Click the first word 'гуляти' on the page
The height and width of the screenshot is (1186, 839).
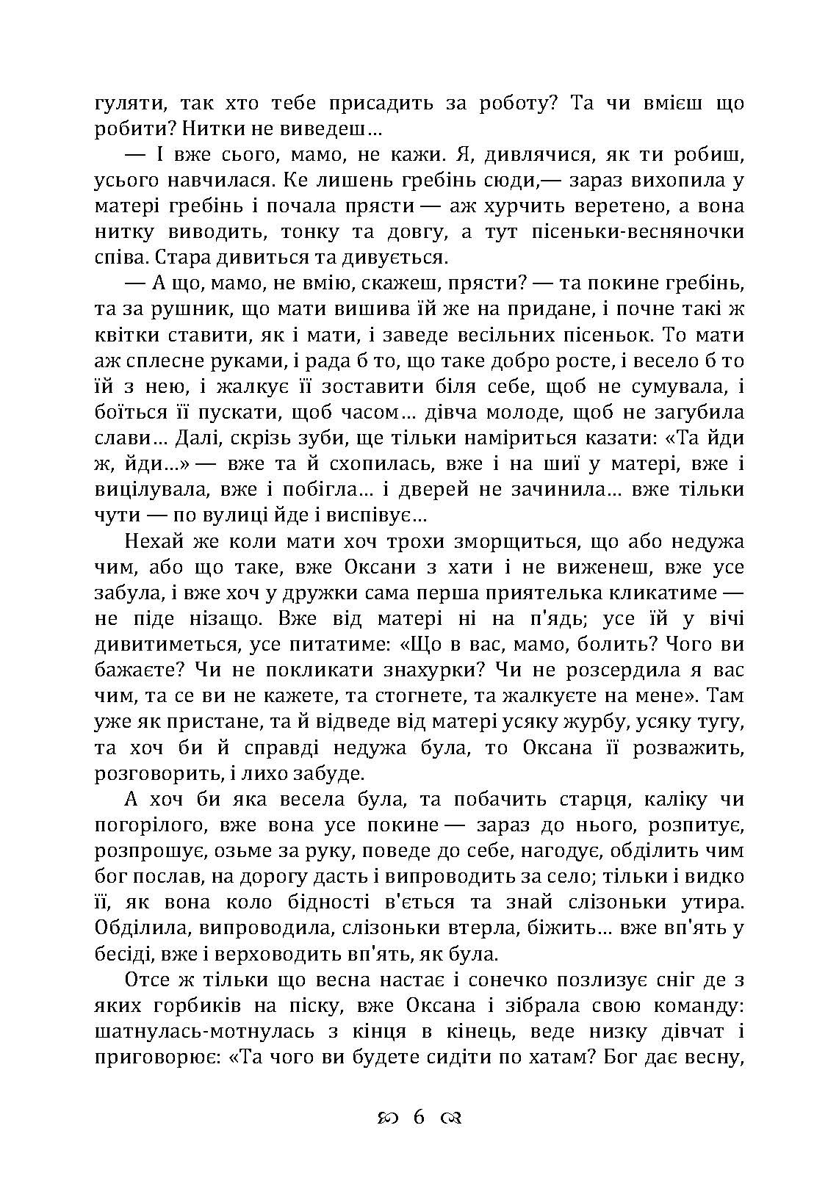click(123, 104)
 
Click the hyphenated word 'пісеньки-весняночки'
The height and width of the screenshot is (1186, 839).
click(631, 232)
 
